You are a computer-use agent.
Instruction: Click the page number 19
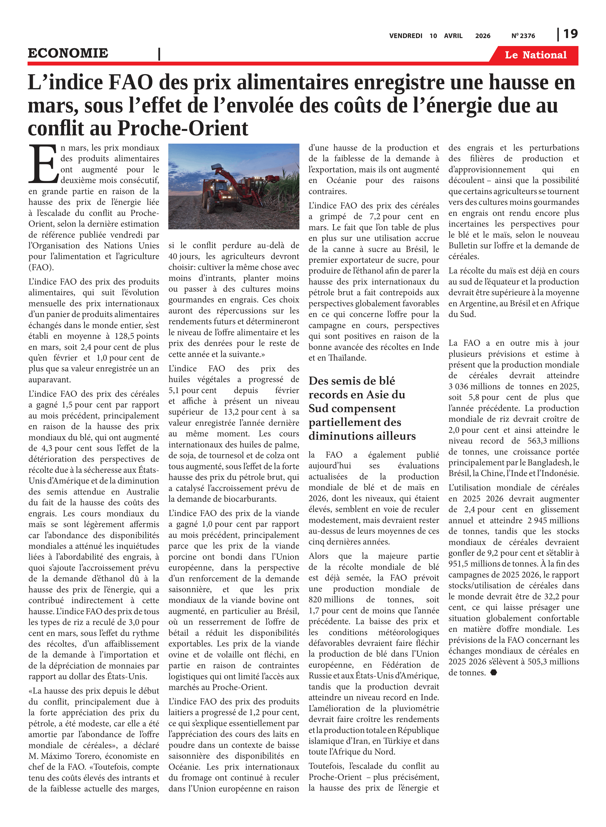570,34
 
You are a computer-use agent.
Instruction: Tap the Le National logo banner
535,55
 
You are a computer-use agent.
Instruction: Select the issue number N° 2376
523,36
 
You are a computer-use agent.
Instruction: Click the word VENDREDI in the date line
406,36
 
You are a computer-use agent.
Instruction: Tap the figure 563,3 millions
554,441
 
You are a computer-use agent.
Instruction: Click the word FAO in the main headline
131,83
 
